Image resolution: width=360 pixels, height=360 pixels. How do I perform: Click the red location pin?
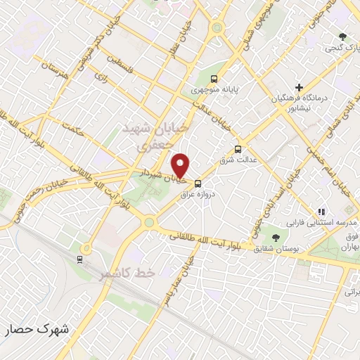point(181,165)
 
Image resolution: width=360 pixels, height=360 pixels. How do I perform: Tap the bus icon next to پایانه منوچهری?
point(214,79)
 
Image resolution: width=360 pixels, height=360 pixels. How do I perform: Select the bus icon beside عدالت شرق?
point(238,149)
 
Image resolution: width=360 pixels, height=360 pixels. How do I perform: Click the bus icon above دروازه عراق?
point(198,183)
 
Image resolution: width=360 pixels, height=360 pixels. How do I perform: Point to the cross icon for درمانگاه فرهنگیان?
point(300,88)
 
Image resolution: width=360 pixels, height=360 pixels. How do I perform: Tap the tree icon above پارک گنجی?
point(342,36)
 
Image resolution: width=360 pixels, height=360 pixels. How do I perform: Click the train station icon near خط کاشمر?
point(79,258)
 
